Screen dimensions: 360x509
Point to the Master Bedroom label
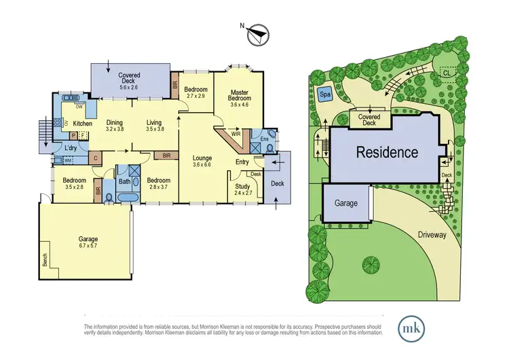(x=238, y=97)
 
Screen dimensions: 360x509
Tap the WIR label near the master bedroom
(x=235, y=134)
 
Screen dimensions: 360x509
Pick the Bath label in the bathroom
(x=124, y=181)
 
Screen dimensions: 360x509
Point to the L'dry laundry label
(x=71, y=147)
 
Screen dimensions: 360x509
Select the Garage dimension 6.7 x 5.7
(x=88, y=247)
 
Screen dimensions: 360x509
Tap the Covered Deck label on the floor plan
(x=129, y=76)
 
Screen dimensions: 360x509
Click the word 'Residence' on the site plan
(x=388, y=152)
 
